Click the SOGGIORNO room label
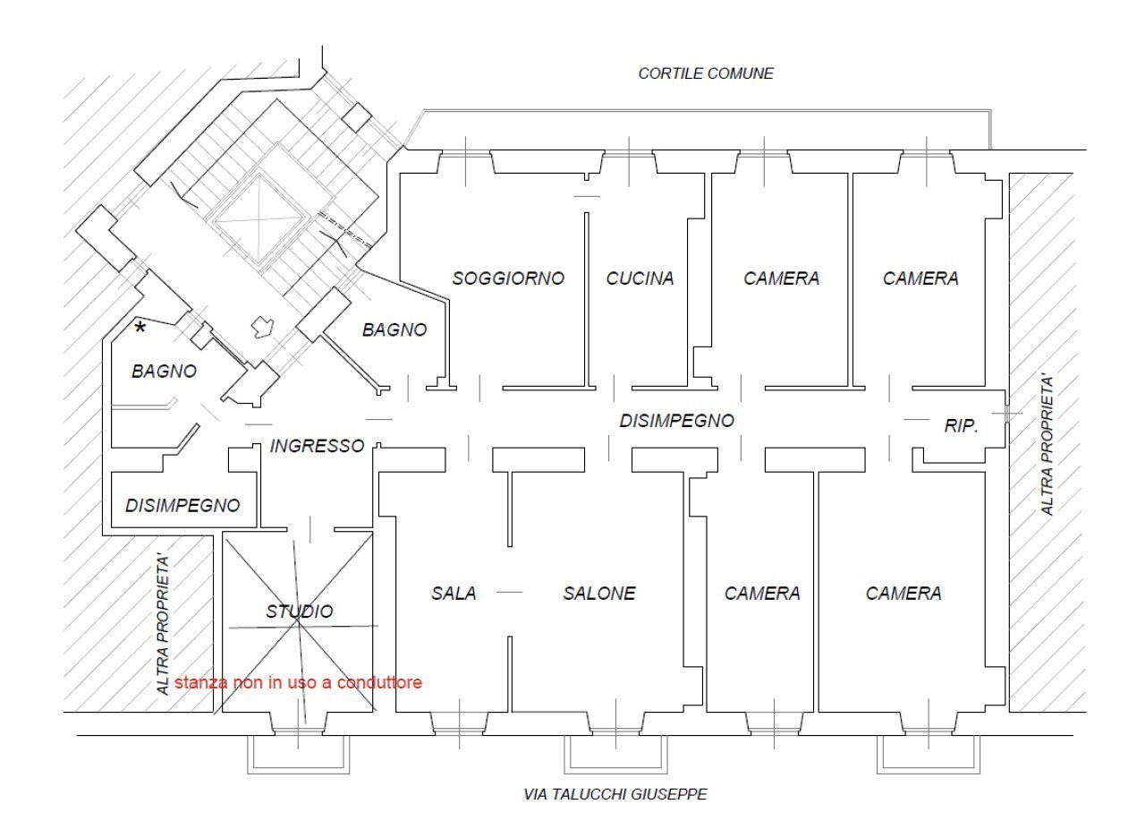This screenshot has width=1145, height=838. (508, 278)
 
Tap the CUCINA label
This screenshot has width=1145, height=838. (640, 278)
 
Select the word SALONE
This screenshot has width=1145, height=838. (599, 593)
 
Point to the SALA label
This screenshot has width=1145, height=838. (454, 593)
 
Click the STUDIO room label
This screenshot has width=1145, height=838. (299, 611)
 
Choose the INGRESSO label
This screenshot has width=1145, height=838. (317, 445)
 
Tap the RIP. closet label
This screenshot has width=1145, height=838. (961, 427)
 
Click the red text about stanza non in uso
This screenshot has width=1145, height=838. (298, 682)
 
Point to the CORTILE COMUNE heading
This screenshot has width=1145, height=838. (706, 73)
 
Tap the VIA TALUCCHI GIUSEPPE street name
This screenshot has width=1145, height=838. (615, 794)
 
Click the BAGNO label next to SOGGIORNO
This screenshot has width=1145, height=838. (394, 329)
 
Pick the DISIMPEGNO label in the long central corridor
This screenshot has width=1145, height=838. (676, 421)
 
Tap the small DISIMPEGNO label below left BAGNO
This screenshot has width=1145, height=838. (182, 506)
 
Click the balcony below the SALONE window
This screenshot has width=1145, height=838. (616, 754)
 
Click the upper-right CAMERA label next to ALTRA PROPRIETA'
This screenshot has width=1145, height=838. (920, 278)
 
